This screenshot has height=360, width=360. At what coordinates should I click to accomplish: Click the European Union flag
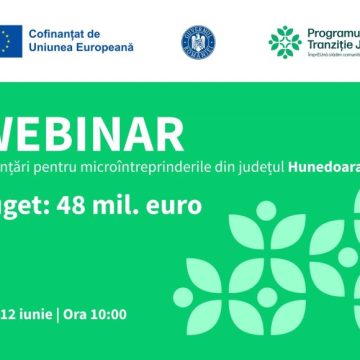point(21,40)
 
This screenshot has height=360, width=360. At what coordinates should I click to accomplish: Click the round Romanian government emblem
point(196,41)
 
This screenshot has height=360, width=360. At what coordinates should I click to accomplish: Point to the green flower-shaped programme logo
point(285,41)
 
